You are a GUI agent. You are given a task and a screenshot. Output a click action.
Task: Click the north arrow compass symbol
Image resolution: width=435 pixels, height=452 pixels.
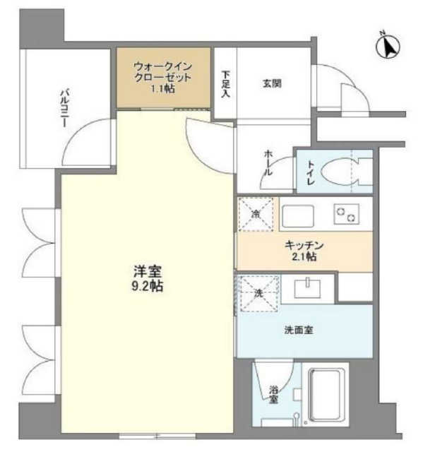coord(388,46)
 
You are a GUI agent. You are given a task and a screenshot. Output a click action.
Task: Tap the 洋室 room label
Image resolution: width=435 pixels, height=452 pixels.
coord(148,271)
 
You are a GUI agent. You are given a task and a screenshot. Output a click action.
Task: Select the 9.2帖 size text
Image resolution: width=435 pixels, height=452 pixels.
coord(148,286)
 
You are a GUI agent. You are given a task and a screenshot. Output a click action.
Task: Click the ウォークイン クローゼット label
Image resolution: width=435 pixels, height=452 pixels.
coord(163,72)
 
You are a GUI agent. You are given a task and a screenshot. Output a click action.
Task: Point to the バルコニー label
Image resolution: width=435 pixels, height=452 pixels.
coord(65,108)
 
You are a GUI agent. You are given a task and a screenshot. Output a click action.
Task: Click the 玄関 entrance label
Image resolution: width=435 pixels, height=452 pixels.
coord(272,83)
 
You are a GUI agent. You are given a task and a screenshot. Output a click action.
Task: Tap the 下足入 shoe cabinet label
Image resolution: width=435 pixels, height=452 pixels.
coord(226,84)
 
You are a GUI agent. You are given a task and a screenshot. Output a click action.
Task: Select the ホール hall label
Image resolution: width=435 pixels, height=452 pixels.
coord(268,163)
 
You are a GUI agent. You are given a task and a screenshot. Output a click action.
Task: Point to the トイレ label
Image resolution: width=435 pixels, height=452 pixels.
coord(311,173)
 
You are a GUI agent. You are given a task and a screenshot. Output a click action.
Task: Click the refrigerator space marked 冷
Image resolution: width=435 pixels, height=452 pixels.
coord(256,214)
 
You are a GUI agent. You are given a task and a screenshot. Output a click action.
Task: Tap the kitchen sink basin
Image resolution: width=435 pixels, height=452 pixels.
coord(298,216)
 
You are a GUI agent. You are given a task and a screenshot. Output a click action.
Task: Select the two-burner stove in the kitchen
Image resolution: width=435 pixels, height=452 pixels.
coord(347,214)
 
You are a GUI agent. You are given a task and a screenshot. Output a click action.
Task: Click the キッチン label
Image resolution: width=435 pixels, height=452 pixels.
coord(304,245)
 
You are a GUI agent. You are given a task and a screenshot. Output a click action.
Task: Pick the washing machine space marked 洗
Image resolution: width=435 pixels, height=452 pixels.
coord(259,294)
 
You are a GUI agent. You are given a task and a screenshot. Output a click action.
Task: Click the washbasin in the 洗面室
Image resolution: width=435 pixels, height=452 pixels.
coord(307,289)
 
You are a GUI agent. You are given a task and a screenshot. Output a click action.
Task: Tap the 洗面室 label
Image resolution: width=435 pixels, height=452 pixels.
coord(299,330)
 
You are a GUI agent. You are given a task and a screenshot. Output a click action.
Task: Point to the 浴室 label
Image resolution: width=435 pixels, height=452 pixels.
coord(273,395)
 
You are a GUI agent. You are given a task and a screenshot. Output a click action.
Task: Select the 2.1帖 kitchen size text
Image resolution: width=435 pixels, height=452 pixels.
coord(304,256)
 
